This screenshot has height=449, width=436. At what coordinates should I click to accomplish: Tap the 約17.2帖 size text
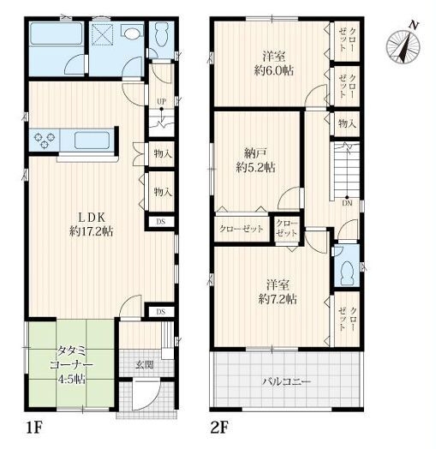pyautogui.click(x=92, y=231)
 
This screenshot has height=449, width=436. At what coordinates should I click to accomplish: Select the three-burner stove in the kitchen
pyautogui.click(x=45, y=141)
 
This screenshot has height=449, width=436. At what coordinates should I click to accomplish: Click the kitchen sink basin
pyautogui.click(x=93, y=140)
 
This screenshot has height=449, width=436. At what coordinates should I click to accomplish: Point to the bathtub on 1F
pyautogui.click(x=57, y=33)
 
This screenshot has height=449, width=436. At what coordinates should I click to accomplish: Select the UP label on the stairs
pyautogui.click(x=161, y=101)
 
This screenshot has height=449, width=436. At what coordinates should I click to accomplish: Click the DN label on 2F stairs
pyautogui.click(x=347, y=204)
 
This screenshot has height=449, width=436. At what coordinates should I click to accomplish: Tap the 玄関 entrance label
pyautogui.click(x=145, y=365)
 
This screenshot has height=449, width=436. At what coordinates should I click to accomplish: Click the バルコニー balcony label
pyautogui.click(x=287, y=382)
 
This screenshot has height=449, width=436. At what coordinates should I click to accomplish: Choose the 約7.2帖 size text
pyautogui.click(x=278, y=300)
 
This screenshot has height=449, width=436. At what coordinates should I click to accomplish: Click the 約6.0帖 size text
pyautogui.click(x=274, y=71)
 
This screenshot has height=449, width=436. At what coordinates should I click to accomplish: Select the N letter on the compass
pyautogui.click(x=413, y=25)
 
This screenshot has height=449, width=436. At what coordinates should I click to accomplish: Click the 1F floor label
pyautogui.click(x=33, y=428)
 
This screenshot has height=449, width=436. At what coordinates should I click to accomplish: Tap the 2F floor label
pyautogui.click(x=219, y=428)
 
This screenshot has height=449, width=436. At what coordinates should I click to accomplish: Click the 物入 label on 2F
pyautogui.click(x=347, y=123)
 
